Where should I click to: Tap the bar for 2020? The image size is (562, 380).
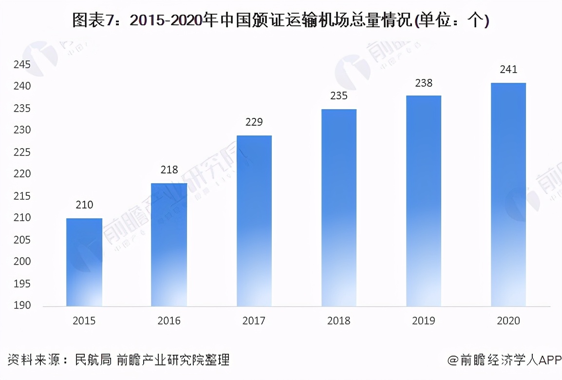pyautogui.click(x=508, y=194)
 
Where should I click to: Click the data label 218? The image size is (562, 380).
pyautogui.click(x=169, y=170)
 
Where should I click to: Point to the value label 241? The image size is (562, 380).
pyautogui.click(x=508, y=70)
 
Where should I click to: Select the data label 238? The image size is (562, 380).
pyautogui.click(x=423, y=83)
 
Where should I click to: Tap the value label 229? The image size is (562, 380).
pyautogui.click(x=254, y=122)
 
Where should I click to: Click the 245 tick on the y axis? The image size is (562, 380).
pyautogui.click(x=21, y=64)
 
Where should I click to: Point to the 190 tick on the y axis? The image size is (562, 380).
pyautogui.click(x=21, y=305)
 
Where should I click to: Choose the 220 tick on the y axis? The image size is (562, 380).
pyautogui.click(x=21, y=174)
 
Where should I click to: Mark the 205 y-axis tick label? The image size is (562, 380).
pyautogui.click(x=21, y=240)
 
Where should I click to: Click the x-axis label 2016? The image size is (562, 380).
pyautogui.click(x=169, y=321)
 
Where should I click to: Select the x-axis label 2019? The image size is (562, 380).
pyautogui.click(x=423, y=321)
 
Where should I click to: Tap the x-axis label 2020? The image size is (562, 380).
pyautogui.click(x=508, y=321)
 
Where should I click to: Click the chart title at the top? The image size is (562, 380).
pyautogui.click(x=281, y=20)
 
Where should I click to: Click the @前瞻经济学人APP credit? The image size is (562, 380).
pyautogui.click(x=505, y=360)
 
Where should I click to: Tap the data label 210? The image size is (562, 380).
pyautogui.click(x=84, y=205)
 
